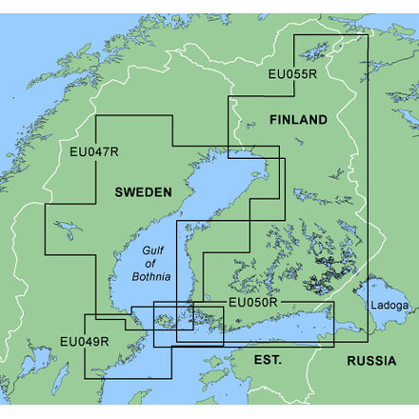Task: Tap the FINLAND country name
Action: [298, 120]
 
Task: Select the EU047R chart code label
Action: [93, 150]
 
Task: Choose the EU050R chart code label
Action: [252, 303]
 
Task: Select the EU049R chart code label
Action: [83, 341]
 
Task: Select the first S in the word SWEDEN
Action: [119, 192]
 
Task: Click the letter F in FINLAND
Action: [273, 120]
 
